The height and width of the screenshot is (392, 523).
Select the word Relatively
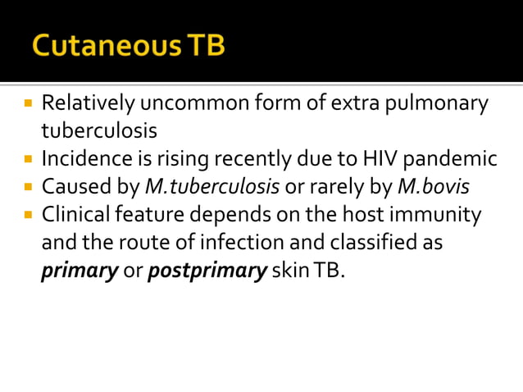coord(89,104)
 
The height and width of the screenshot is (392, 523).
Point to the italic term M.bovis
coord(433,186)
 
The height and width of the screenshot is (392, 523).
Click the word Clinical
coord(78,215)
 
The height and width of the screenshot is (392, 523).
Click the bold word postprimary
coord(207,270)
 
